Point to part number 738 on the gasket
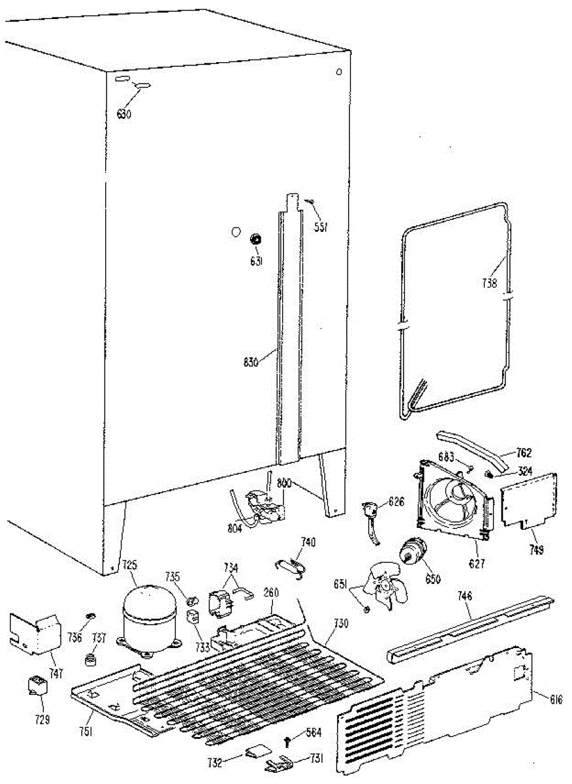point(489,284)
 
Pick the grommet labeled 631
point(255,239)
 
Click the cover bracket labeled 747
point(34,632)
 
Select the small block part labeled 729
point(36,687)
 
